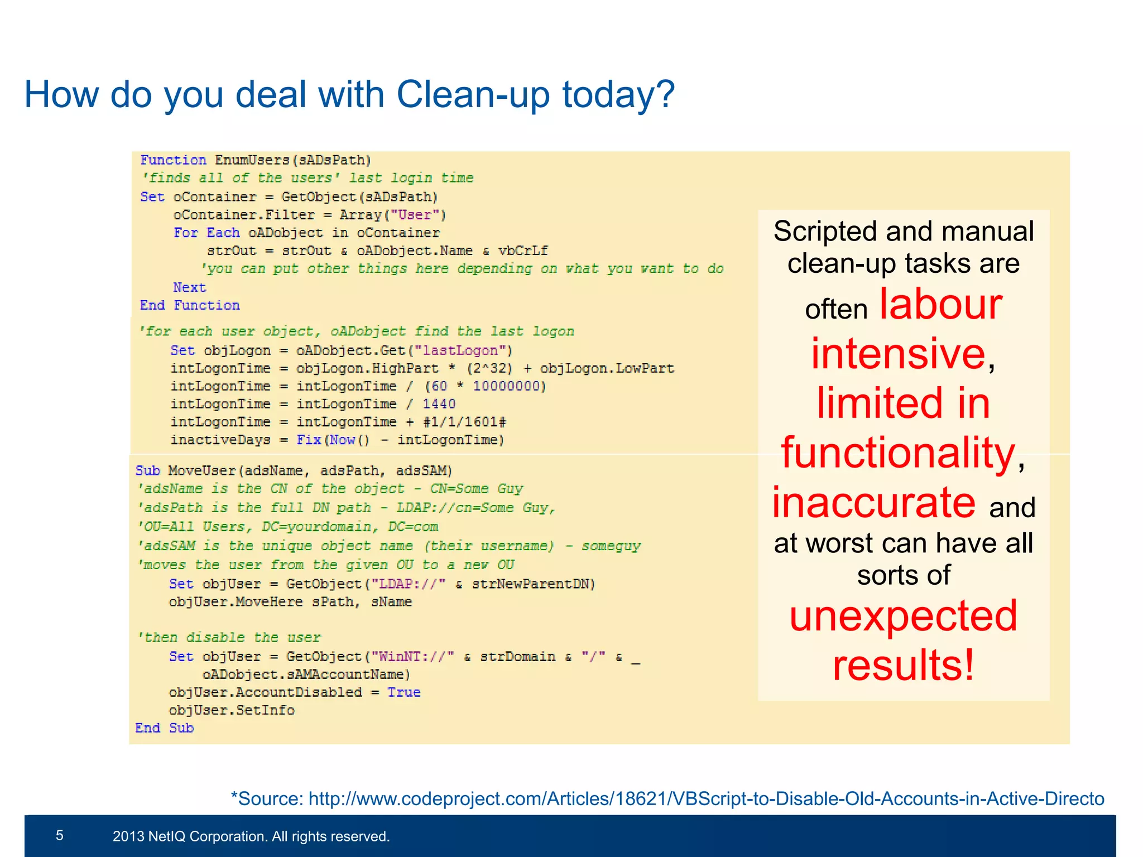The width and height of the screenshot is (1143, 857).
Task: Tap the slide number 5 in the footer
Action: coord(60,835)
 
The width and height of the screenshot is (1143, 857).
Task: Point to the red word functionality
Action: coord(897,452)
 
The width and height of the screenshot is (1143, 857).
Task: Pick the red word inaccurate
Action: coord(874,502)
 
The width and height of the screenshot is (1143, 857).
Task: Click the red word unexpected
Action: coord(904,616)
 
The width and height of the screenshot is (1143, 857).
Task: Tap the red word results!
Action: coord(904,665)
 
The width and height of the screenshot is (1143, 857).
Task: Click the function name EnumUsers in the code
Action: coord(252,160)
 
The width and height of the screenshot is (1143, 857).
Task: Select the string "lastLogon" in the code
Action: coord(460,350)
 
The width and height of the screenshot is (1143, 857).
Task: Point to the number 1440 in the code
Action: coord(439,404)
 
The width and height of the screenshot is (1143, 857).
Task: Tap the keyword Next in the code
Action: coord(189,287)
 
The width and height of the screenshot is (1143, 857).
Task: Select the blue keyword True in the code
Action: coord(404,692)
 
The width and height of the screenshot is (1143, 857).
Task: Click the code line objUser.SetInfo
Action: coord(232,710)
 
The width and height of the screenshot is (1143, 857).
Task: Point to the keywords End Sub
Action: coord(165,728)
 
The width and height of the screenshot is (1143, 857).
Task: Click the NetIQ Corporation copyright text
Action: coord(251,836)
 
